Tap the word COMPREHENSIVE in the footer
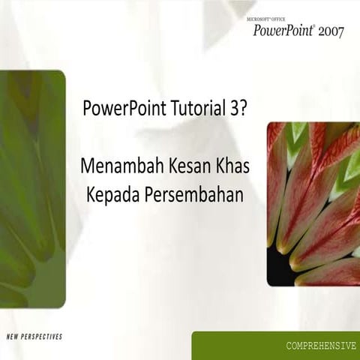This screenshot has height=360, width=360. point(321,346)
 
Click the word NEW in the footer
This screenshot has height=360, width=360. point(13,336)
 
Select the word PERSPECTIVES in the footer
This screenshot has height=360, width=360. point(43,336)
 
